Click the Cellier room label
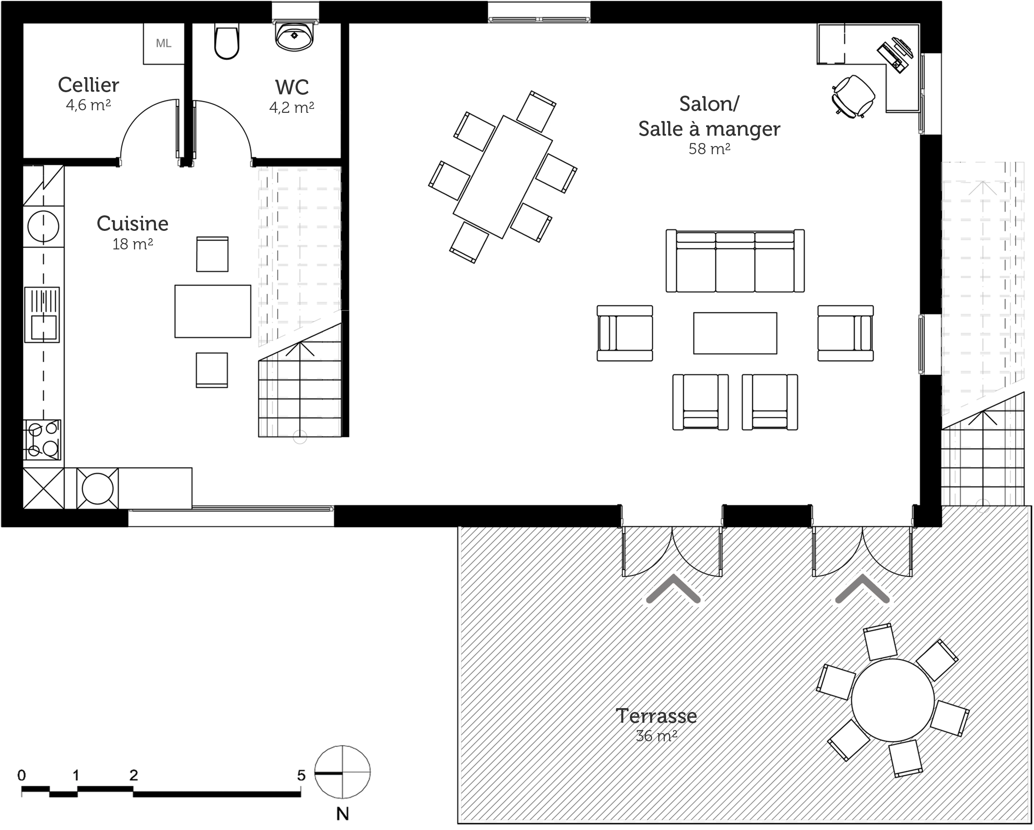point(88,85)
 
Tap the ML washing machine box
point(164,44)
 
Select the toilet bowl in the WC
point(226,42)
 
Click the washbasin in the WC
point(294,36)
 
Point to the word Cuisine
point(132,224)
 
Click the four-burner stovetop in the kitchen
point(42,440)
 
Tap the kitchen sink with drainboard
point(42,314)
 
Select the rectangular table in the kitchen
point(212,311)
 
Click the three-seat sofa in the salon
point(735,261)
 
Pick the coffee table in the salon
point(735,333)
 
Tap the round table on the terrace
point(893,700)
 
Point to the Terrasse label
point(656,716)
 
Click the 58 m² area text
point(709,149)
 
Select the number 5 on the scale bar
point(301,775)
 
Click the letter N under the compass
point(343,814)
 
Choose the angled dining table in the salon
point(503,177)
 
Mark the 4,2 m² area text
point(292,107)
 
